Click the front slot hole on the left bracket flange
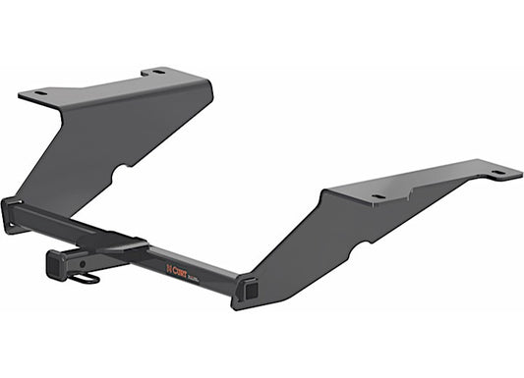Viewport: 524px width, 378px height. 40,93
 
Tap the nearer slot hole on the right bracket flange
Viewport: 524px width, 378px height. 378,196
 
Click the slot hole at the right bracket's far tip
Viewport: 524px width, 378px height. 499,173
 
